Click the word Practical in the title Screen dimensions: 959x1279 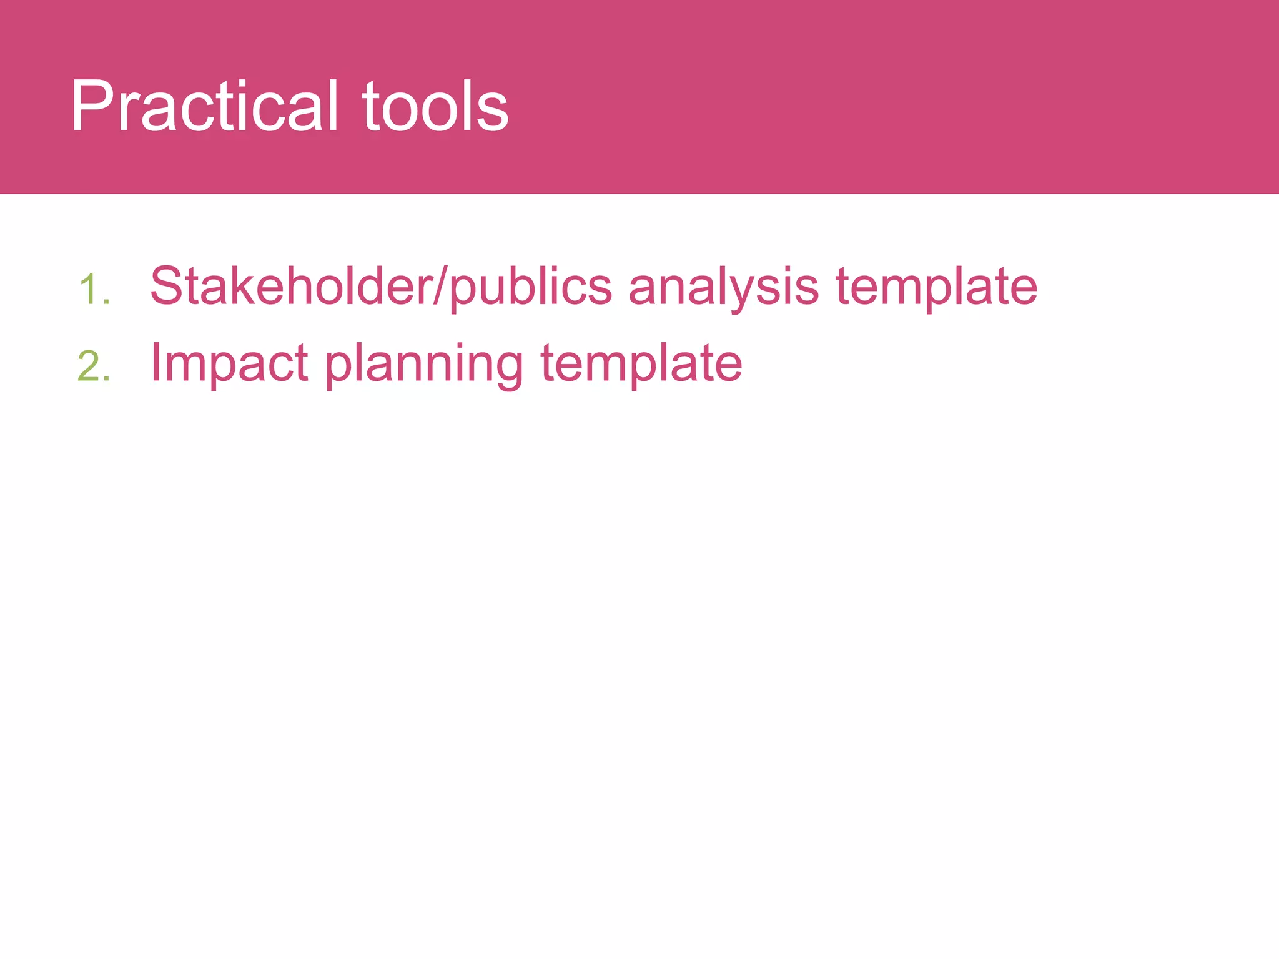point(204,106)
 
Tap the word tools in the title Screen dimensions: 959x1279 point(435,106)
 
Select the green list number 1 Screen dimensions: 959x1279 point(89,290)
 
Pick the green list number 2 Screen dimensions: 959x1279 point(89,366)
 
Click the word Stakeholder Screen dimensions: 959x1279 point(292,286)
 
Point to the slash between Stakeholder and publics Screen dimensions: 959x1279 point(442,286)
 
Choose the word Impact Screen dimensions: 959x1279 point(229,364)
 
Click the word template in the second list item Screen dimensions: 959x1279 point(641,364)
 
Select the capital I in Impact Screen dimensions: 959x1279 point(155,363)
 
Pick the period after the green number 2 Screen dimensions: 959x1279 point(107,379)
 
